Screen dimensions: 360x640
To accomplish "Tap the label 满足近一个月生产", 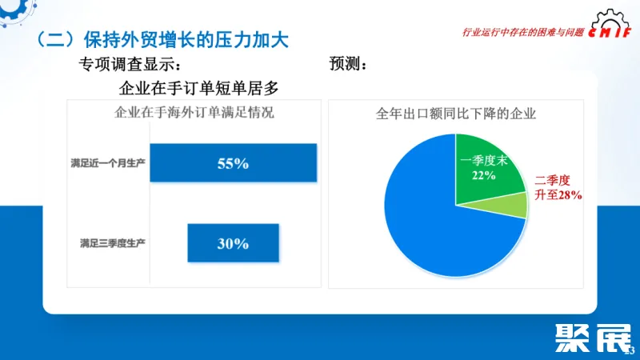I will (x=107, y=163).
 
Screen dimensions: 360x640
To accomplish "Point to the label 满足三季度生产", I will (x=112, y=242).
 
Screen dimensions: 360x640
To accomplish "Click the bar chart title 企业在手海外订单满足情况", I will (x=195, y=113).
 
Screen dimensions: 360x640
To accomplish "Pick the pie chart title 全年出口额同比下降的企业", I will (x=455, y=114).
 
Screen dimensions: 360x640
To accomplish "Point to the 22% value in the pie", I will (x=483, y=175).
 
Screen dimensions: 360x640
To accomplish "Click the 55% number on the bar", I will (x=233, y=163).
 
